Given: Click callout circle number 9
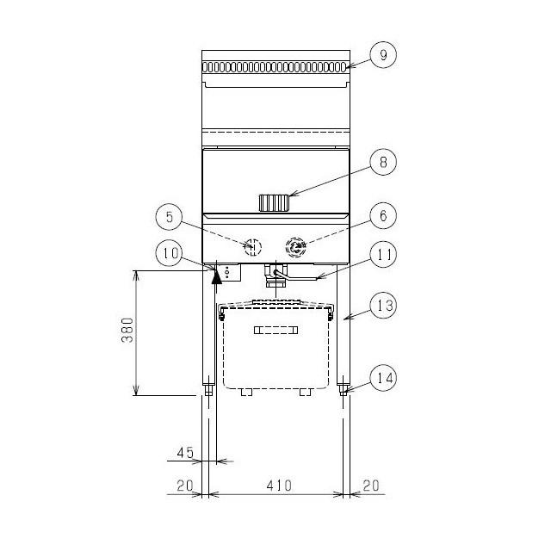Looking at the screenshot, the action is pos(383,55).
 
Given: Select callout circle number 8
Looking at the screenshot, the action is pos(383,162).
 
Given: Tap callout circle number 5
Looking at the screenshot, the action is pos(169,217).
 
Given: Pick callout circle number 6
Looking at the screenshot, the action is pos(383,215).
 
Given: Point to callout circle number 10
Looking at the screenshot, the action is pos(169,253).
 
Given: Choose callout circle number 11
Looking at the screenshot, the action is pos(383,254).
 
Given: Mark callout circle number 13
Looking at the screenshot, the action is pos(383,306).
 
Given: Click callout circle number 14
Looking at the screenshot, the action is pos(383,378).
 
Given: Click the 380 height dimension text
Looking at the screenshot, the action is pos(127,330).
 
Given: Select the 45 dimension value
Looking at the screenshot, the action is pos(185,453).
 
